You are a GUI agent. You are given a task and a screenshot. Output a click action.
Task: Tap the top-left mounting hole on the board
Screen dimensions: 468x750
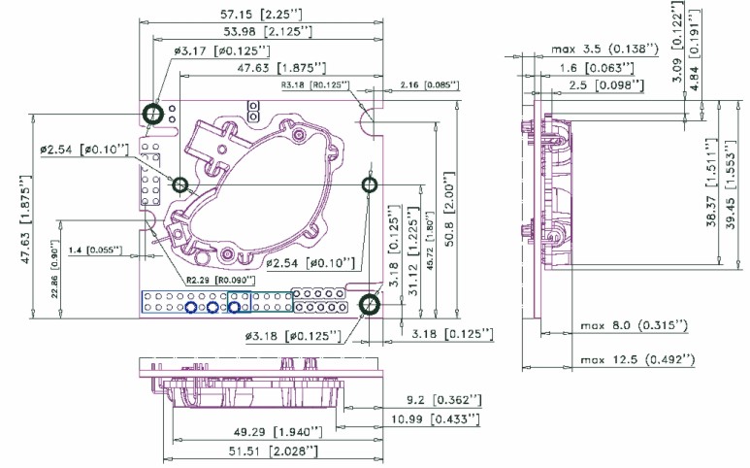tap(152, 115)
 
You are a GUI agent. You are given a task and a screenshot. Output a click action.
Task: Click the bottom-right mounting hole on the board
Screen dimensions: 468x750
tap(369, 307)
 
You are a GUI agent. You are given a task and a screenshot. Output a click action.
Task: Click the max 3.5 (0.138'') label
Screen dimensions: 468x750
tap(606, 48)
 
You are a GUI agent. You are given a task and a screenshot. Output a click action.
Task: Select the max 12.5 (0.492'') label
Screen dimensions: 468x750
tap(638, 360)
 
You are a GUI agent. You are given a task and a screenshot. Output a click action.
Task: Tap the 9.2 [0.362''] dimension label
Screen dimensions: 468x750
tap(444, 399)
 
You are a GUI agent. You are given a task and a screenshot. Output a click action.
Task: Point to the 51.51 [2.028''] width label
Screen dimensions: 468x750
tap(259, 451)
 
